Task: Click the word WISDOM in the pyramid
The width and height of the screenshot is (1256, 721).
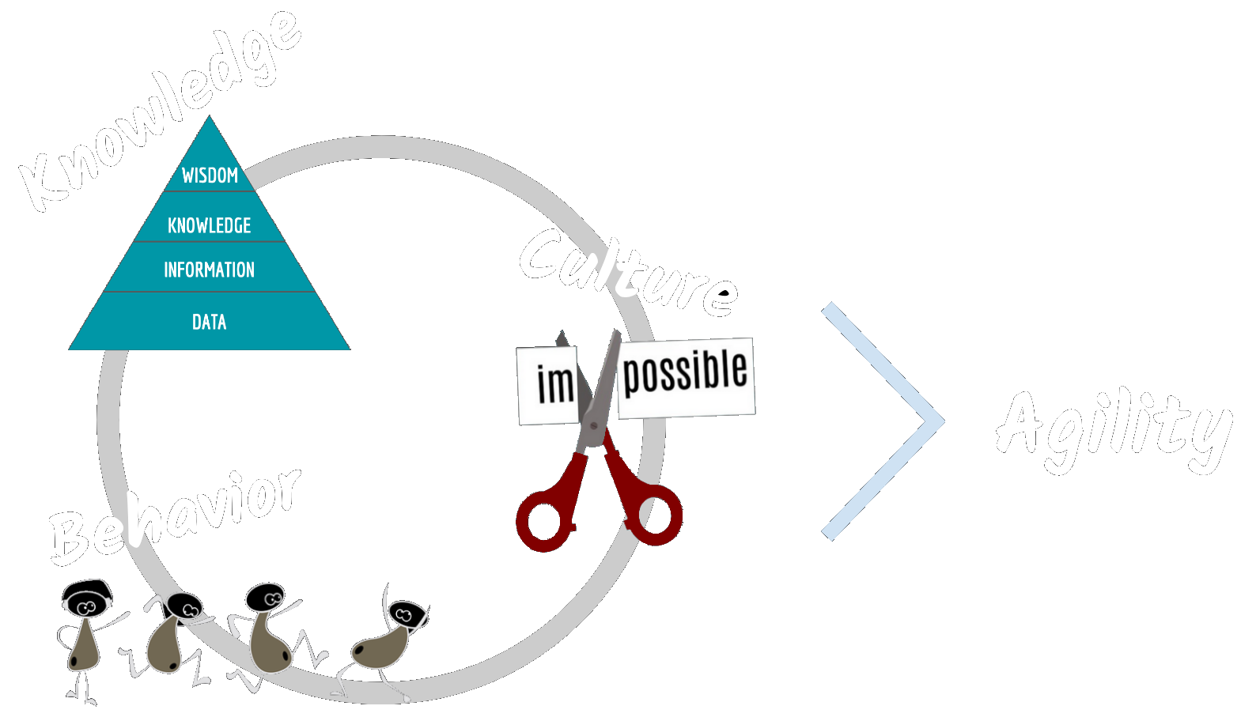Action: (210, 176)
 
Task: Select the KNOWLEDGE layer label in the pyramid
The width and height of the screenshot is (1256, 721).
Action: (209, 226)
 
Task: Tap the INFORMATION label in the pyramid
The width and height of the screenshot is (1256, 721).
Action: (209, 270)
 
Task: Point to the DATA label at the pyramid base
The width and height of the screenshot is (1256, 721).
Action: (209, 322)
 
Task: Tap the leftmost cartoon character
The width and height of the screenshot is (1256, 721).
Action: (85, 632)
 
